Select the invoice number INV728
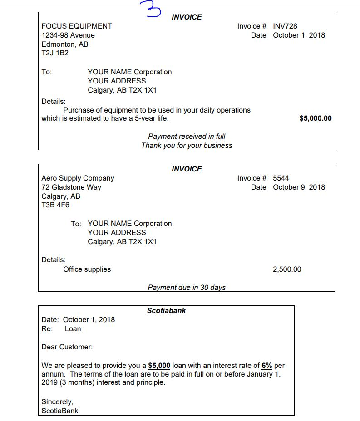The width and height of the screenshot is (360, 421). (x=285, y=26)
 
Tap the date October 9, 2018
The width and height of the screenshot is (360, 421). (x=299, y=187)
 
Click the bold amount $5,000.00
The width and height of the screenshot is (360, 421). (x=316, y=118)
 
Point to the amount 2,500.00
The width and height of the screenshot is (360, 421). (x=287, y=269)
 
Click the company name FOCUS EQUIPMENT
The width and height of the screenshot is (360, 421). (x=77, y=26)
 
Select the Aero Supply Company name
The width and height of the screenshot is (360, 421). (x=78, y=178)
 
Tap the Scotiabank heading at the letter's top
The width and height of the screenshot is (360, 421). (x=166, y=311)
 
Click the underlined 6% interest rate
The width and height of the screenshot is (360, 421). (x=267, y=366)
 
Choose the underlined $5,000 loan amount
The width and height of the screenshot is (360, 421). (x=159, y=366)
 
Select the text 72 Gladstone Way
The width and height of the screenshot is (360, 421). (x=71, y=187)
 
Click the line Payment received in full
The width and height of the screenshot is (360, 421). (x=187, y=137)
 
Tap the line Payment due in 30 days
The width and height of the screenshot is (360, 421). (x=187, y=287)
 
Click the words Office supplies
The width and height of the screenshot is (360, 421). (x=87, y=269)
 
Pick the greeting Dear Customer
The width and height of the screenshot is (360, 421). (x=67, y=347)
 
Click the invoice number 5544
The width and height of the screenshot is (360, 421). (x=281, y=178)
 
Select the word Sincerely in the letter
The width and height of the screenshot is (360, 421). (x=57, y=402)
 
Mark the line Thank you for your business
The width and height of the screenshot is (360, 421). (x=187, y=146)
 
